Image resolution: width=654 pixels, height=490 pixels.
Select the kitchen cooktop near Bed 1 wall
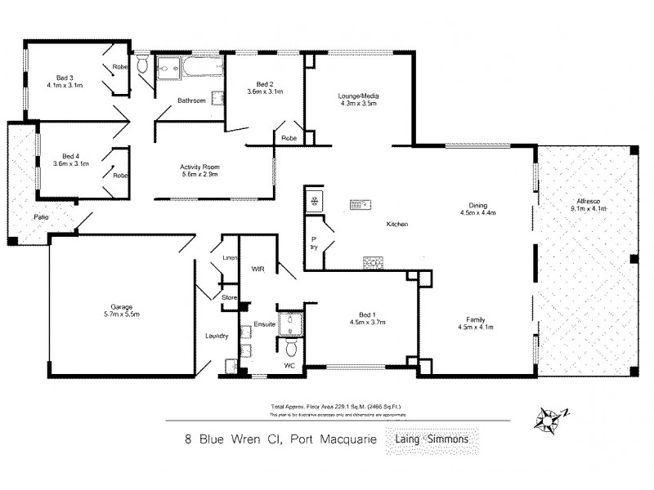point(372,261)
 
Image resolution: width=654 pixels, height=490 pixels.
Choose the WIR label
point(258,268)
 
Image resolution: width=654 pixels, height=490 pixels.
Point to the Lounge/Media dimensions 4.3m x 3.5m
point(358,105)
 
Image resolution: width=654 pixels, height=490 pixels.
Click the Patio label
point(40,218)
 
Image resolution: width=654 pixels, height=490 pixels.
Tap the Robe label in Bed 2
point(289,139)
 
